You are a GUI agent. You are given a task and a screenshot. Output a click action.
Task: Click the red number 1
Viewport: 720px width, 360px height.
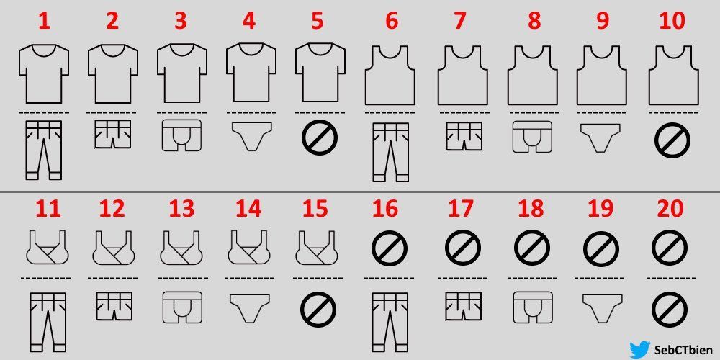[45, 22]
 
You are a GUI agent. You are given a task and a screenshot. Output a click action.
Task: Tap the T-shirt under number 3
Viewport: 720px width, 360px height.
[182, 73]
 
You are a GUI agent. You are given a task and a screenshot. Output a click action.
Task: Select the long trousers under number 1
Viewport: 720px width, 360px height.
[44, 150]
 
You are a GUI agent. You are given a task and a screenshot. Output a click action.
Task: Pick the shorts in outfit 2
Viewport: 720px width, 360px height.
[113, 134]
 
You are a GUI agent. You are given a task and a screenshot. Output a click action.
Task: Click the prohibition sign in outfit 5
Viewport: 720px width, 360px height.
[320, 137]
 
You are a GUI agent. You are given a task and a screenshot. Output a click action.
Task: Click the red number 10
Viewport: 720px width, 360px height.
[672, 22]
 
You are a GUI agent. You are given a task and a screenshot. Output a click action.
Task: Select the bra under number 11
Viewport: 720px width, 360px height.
[48, 247]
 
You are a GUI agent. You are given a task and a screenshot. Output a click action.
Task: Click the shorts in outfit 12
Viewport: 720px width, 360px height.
[114, 306]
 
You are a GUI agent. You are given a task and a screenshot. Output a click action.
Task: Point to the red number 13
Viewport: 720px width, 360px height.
[181, 209]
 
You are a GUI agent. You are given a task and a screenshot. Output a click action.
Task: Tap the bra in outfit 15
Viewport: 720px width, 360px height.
[318, 247]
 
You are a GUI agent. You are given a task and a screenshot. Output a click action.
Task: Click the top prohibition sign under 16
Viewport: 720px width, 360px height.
[390, 248]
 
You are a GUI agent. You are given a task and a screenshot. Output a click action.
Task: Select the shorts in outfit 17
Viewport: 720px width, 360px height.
[463, 306]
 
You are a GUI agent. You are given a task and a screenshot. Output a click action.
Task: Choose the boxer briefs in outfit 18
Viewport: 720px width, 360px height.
[533, 307]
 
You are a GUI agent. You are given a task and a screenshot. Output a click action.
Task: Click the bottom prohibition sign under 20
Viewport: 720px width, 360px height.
[670, 310]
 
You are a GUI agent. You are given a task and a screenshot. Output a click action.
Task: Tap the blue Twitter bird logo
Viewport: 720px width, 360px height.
[640, 349]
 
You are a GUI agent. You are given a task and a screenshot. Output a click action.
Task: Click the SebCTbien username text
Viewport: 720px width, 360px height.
[684, 351]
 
